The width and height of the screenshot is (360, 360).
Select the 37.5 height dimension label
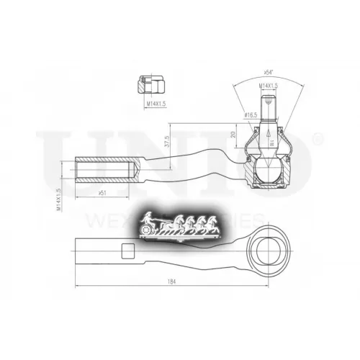point(167,143)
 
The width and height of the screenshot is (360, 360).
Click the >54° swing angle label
point(269,73)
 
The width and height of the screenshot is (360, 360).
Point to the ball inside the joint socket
point(269,170)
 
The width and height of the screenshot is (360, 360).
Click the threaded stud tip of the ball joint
point(269,101)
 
